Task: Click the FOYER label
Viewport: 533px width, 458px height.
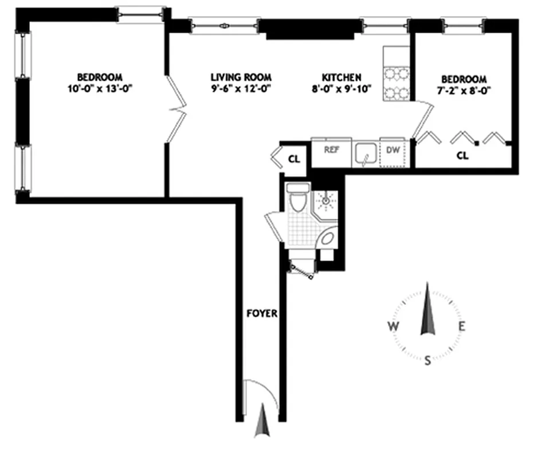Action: [x=262, y=313]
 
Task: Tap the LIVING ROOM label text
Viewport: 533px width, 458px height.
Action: [x=241, y=77]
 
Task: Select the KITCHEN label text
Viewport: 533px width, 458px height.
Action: [x=341, y=77]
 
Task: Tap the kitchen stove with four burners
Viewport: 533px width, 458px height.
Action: [x=397, y=83]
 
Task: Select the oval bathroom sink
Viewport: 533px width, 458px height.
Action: [x=327, y=238]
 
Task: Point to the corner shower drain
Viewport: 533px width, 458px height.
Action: [x=326, y=200]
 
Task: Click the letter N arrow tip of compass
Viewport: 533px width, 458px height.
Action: [x=426, y=286]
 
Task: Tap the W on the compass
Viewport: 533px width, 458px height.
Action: [x=393, y=327]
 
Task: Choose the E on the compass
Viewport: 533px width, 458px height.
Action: [x=462, y=327]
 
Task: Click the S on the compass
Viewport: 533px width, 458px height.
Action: [x=428, y=360]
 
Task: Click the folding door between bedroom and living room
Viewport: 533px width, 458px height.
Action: [x=177, y=109]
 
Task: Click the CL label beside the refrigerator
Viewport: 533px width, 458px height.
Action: [x=293, y=159]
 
